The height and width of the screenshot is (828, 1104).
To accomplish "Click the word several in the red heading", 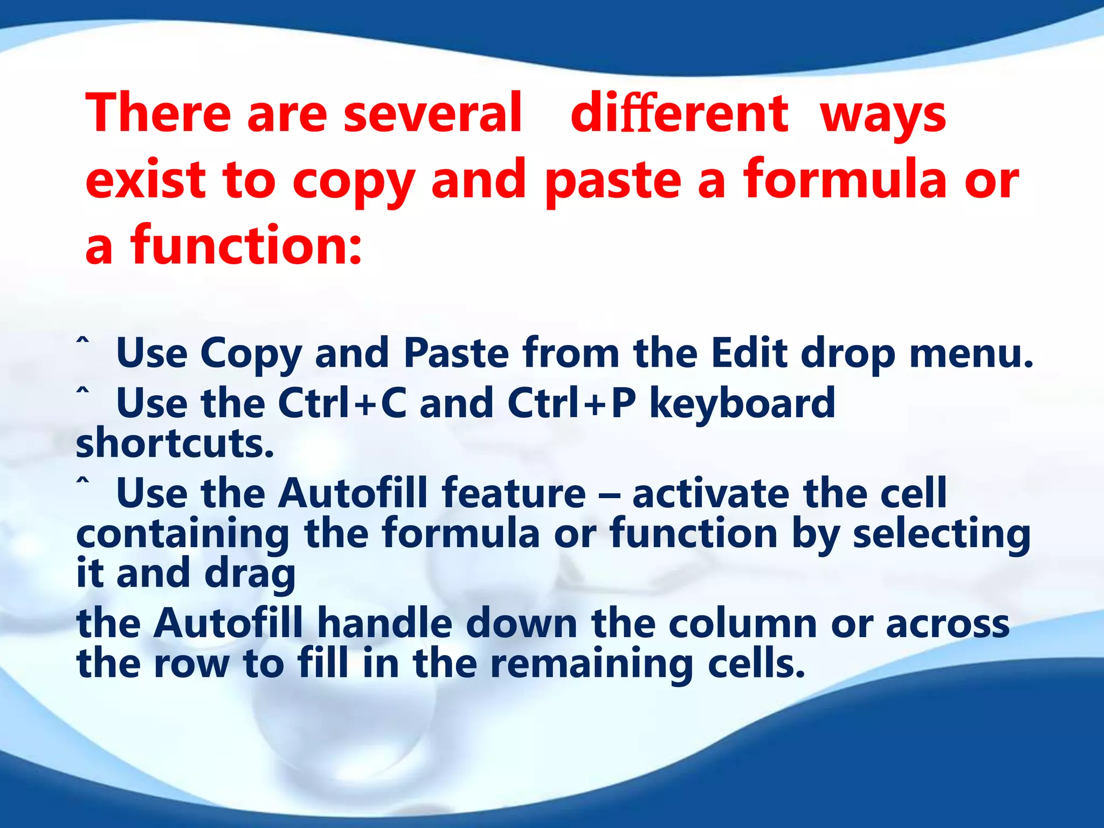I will pos(432,113).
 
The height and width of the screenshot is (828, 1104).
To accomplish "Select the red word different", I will pos(679,113).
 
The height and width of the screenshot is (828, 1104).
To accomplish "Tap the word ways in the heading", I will pos(883,116).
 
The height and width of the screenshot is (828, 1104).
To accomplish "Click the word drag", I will pos(250,575).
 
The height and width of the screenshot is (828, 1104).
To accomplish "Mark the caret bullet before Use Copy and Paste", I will pos(82,342).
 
